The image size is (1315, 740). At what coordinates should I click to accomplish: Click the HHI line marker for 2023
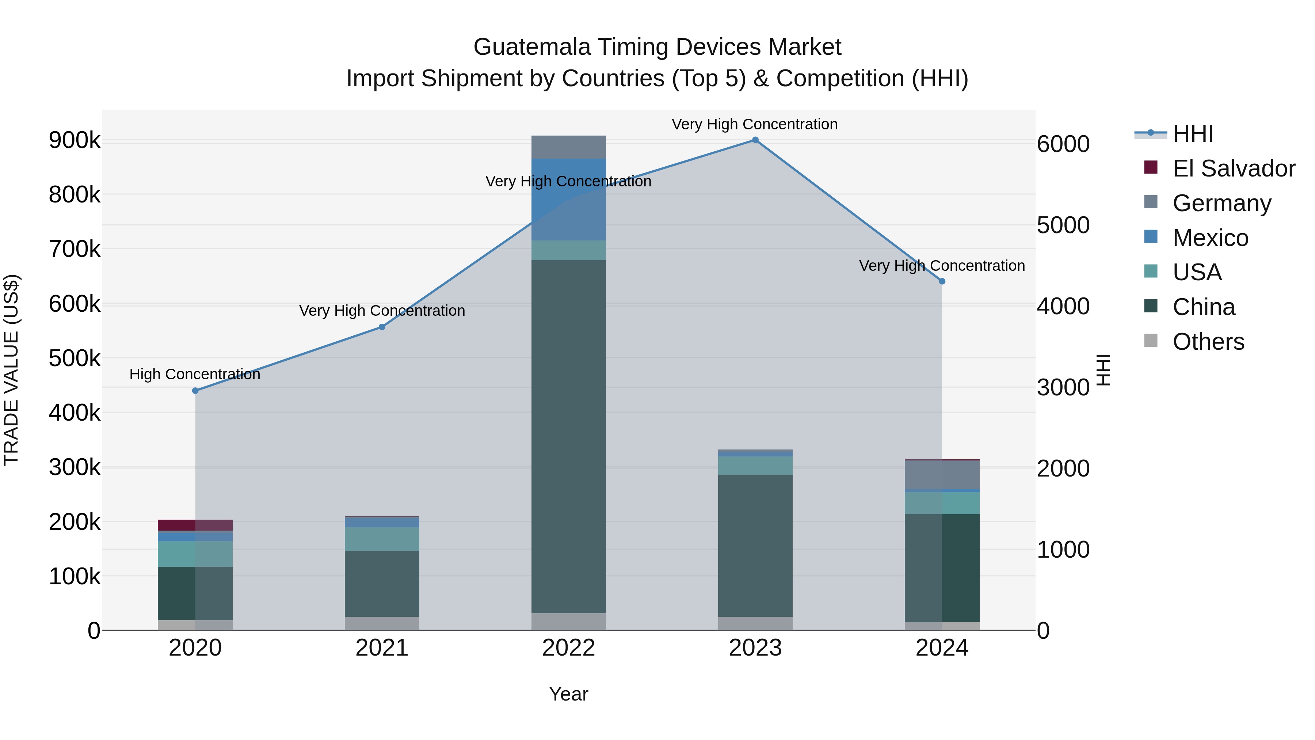click(x=755, y=140)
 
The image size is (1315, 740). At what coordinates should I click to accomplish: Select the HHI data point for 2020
click(x=195, y=391)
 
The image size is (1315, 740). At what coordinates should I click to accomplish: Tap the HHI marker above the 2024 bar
click(x=942, y=281)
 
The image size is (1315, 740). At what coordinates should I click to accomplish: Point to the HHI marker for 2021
click(x=382, y=327)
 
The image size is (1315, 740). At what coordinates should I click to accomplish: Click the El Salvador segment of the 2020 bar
click(x=195, y=525)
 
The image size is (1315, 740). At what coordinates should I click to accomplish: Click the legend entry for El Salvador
click(x=1233, y=168)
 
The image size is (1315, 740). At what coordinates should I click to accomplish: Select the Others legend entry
click(x=1208, y=342)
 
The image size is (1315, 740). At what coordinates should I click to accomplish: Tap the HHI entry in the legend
click(x=1193, y=134)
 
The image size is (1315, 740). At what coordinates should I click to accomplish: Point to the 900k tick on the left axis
click(x=75, y=140)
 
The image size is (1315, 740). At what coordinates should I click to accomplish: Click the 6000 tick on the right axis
click(x=1063, y=144)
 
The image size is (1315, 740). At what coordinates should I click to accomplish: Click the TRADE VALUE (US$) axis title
click(x=11, y=370)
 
